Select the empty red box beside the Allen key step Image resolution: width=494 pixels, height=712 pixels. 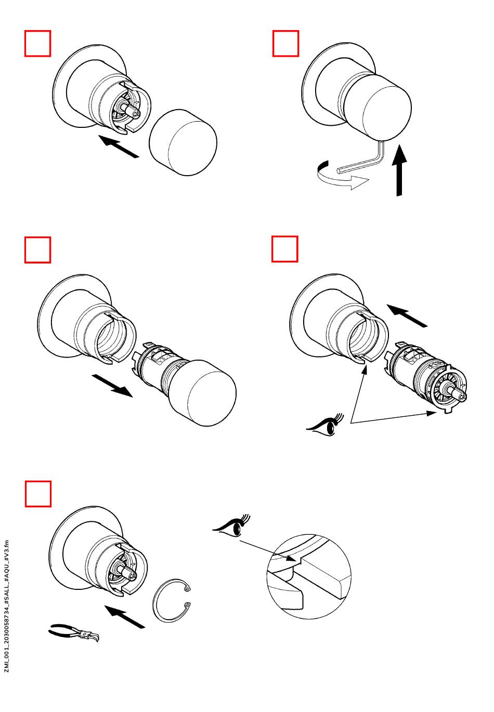point(286,43)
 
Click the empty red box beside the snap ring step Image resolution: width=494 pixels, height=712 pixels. point(38,493)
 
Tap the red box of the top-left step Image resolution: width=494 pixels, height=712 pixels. point(38,43)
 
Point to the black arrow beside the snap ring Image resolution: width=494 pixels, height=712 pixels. point(124,616)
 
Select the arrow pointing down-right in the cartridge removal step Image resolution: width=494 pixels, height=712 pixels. point(111,385)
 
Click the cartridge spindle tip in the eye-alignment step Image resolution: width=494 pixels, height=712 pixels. point(462,397)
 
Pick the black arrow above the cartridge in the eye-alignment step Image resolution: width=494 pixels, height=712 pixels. point(408,315)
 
